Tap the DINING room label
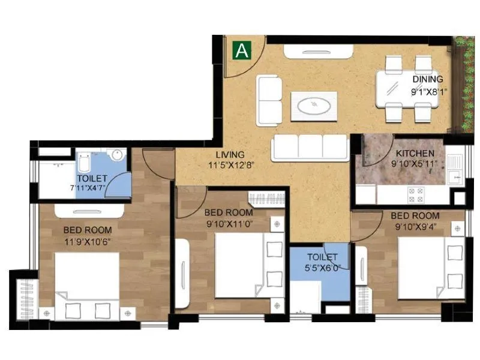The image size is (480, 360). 428,79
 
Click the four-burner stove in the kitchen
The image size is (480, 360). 416,194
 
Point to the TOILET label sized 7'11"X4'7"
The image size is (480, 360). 92,179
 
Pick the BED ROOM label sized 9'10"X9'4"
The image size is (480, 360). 415,215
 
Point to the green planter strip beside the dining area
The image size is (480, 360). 464,84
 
